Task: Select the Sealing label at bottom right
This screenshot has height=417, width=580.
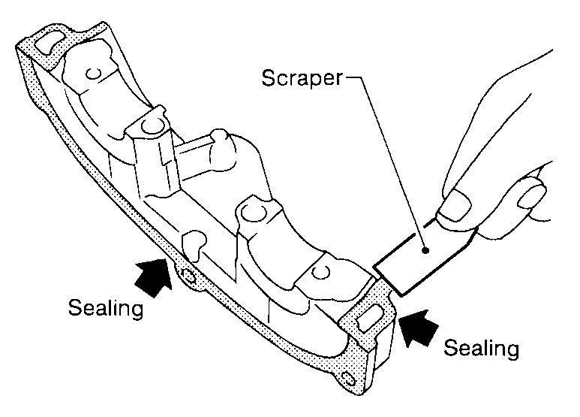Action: (x=481, y=349)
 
